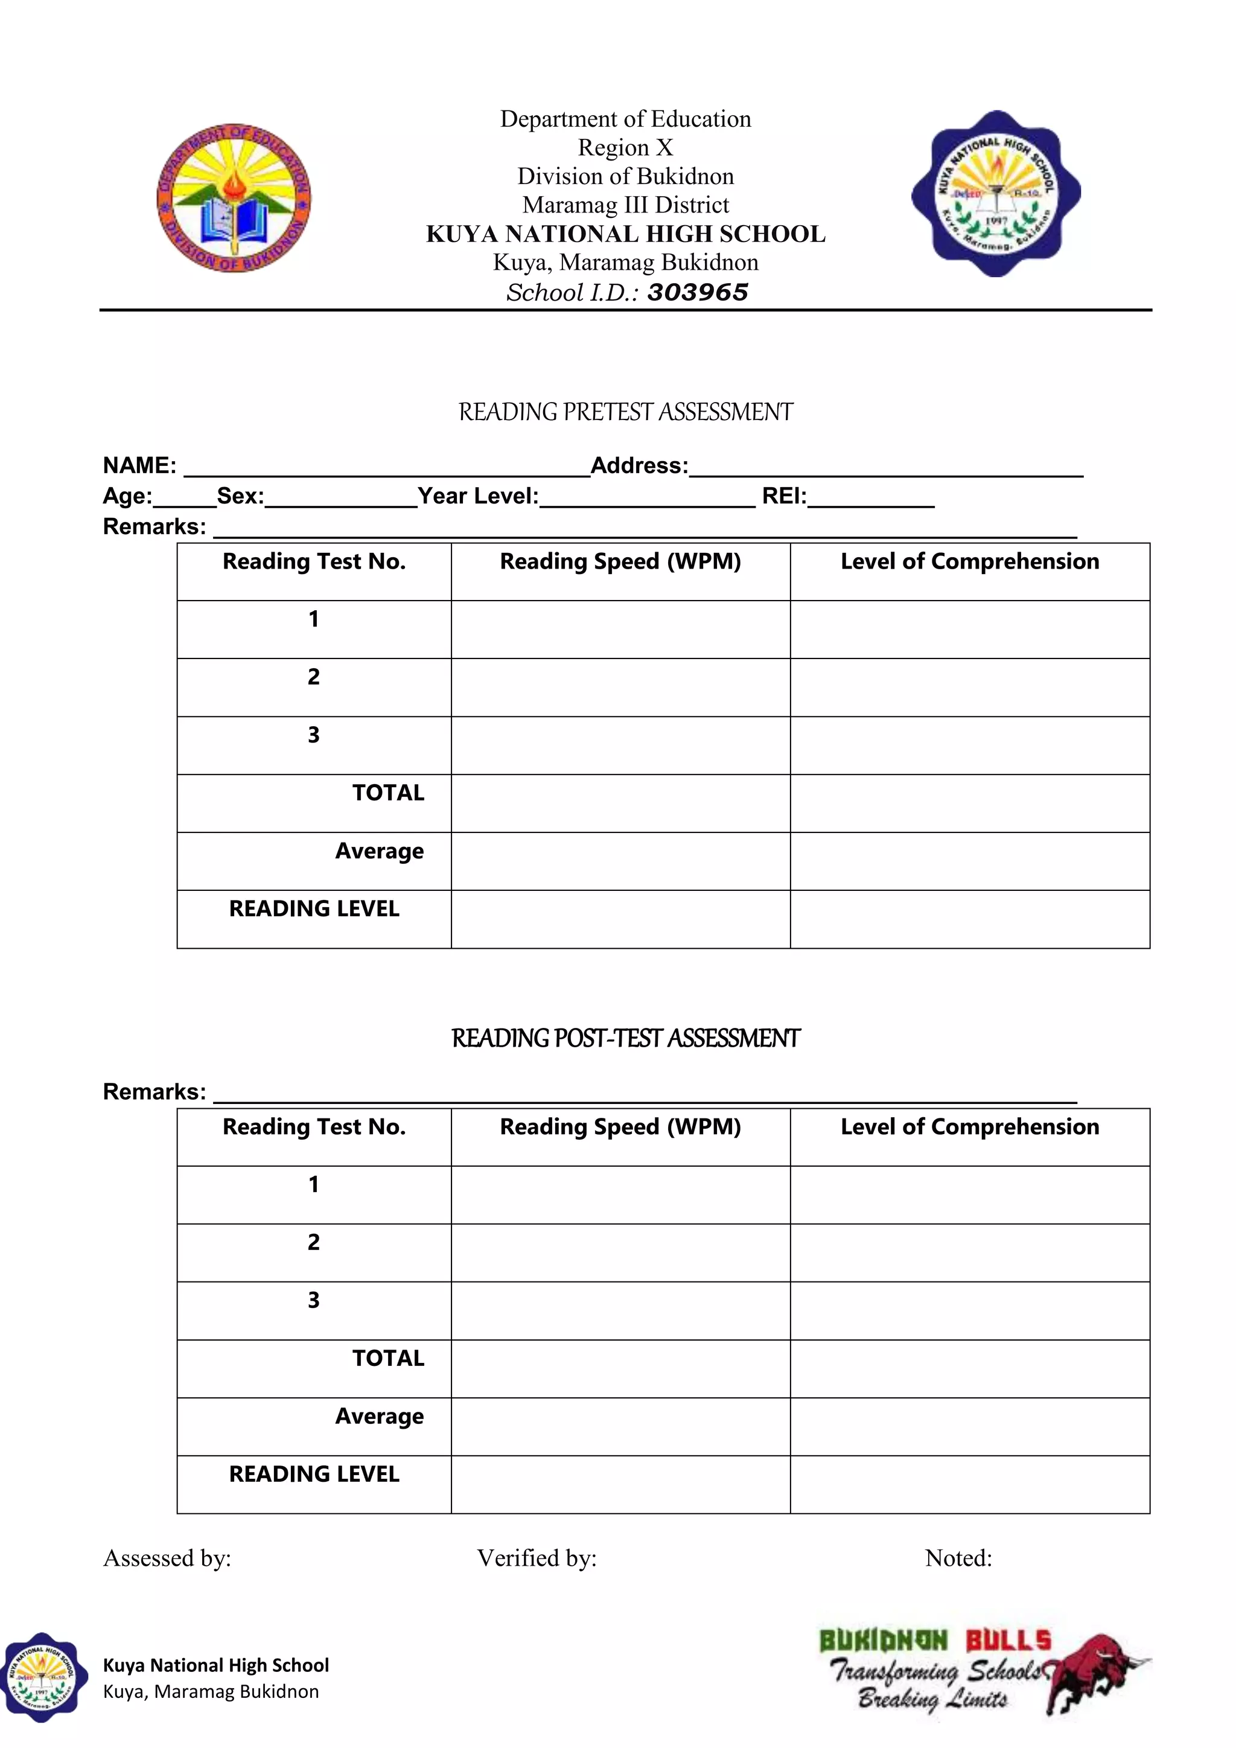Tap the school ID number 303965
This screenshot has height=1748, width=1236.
click(x=697, y=292)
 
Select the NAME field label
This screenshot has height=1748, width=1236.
click(x=139, y=465)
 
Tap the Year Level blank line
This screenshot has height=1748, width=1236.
click(x=647, y=499)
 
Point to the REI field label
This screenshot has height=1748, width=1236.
click(x=783, y=496)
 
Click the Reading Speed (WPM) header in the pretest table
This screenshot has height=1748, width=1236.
click(x=620, y=562)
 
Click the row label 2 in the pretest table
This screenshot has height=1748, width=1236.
click(x=314, y=677)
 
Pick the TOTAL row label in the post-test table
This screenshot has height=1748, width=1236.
click(x=387, y=1358)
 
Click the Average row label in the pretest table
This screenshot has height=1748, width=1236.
click(x=379, y=851)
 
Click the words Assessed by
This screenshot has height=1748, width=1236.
click(x=167, y=1558)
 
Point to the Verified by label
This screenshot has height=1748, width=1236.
click(x=537, y=1558)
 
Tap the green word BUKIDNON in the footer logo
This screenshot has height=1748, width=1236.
click(x=883, y=1641)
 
